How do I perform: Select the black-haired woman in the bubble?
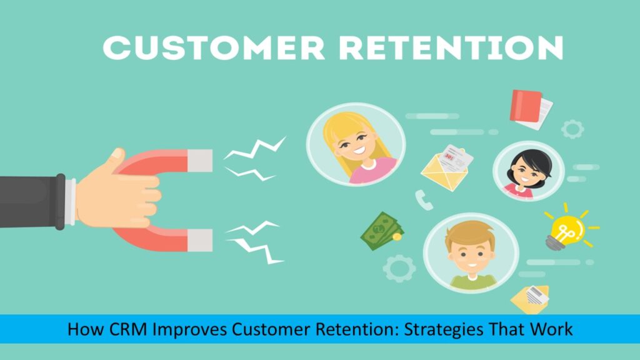point(528,169)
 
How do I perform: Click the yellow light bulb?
point(566,227)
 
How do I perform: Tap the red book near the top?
point(526,105)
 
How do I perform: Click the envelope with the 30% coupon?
point(445,166)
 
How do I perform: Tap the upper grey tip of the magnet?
point(201,161)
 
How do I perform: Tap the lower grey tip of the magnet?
point(201,238)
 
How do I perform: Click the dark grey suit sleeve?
point(31,201)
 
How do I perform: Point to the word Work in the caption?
point(552,329)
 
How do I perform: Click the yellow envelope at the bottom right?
point(529,298)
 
